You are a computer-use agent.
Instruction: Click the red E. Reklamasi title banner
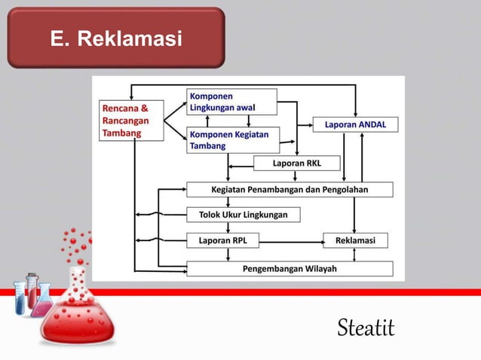(116, 38)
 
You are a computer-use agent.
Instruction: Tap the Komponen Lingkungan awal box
(231, 102)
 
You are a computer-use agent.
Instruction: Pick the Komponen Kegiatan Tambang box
(232, 139)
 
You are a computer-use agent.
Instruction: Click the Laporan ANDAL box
(355, 124)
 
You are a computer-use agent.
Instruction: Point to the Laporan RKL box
(296, 163)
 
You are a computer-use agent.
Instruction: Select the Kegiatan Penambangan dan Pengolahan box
(290, 189)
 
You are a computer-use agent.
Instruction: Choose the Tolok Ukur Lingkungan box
(243, 215)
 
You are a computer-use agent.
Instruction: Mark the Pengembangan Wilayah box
(290, 268)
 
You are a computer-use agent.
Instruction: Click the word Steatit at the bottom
(366, 328)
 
